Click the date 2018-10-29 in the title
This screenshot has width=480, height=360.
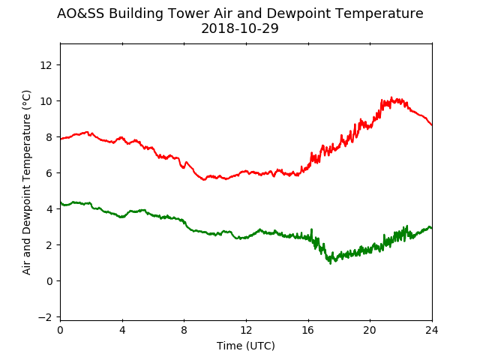click(x=240, y=28)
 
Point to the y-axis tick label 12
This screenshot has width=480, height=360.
click(x=46, y=65)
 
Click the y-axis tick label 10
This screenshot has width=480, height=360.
click(x=46, y=101)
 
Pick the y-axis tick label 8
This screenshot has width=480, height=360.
click(x=49, y=137)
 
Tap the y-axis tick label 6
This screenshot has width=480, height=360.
click(x=49, y=173)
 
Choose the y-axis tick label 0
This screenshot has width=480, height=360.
click(x=49, y=281)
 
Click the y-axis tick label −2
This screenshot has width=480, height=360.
click(x=45, y=317)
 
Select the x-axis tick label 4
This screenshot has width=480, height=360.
click(x=122, y=330)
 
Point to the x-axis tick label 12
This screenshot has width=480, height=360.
click(x=246, y=330)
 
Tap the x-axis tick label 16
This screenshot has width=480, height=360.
click(x=308, y=330)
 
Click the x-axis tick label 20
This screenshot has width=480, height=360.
click(x=370, y=330)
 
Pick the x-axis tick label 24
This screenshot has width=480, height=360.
click(x=432, y=330)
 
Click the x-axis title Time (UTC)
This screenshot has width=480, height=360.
click(x=246, y=346)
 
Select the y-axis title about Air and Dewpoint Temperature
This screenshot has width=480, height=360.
click(x=27, y=182)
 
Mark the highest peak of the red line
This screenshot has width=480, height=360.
click(x=391, y=98)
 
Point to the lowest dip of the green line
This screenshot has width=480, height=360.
click(x=330, y=263)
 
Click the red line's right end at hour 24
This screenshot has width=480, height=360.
click(x=432, y=125)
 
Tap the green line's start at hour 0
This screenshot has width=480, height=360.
click(x=61, y=202)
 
